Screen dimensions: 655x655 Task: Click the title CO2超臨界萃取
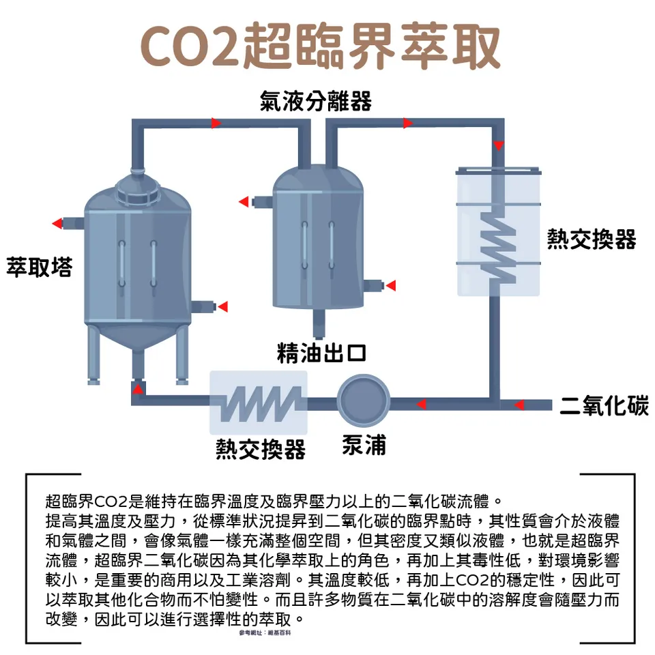tap(320, 46)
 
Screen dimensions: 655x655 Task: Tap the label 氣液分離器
tap(316, 102)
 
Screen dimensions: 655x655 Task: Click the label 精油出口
tap(321, 353)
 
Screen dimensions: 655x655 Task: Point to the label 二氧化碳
tap(604, 405)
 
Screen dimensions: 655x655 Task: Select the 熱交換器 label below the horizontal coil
tap(260, 449)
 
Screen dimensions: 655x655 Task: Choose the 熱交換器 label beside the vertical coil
tap(592, 239)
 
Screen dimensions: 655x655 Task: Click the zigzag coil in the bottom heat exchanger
tap(259, 403)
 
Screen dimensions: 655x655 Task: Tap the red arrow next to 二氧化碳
tap(519, 405)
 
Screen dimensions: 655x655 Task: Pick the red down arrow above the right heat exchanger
tap(499, 145)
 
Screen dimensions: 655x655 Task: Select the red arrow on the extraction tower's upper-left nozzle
tap(57, 223)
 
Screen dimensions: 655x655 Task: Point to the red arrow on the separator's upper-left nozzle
tap(244, 201)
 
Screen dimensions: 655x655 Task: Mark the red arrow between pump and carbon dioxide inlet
tap(422, 405)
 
